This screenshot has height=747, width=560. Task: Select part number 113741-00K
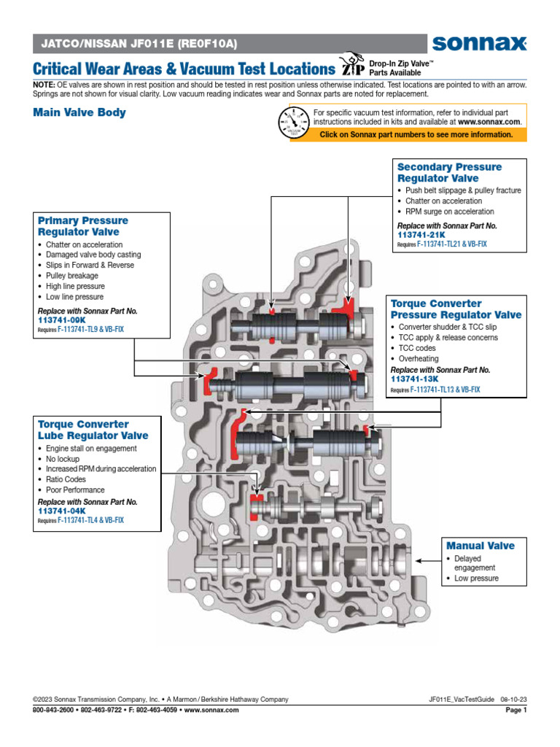click(x=61, y=320)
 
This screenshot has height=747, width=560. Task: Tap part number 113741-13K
click(x=414, y=379)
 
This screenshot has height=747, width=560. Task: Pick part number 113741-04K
click(x=61, y=511)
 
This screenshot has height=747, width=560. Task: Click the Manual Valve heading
click(x=480, y=546)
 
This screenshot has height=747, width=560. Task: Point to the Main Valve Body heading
click(x=79, y=112)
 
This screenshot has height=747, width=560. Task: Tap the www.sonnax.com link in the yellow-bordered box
click(x=489, y=122)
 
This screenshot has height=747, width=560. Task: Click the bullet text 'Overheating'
click(x=419, y=359)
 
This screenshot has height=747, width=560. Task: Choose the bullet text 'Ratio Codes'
click(x=66, y=479)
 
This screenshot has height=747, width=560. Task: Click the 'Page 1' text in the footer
click(x=515, y=711)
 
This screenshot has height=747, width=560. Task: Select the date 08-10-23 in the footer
click(x=513, y=700)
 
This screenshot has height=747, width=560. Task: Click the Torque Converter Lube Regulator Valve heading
click(x=93, y=430)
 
